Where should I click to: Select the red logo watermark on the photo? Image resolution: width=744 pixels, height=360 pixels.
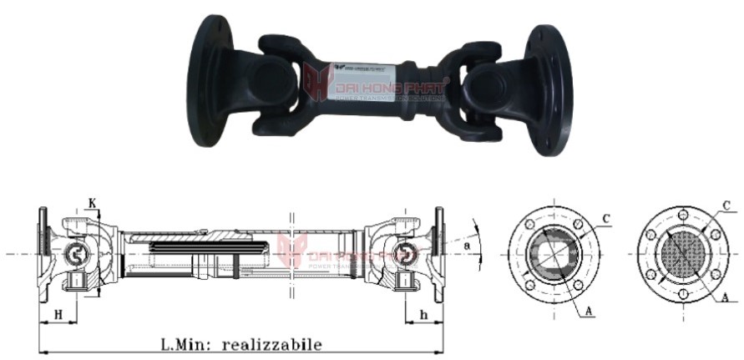(318, 84)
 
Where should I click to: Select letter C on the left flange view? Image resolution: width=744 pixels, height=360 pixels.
(607, 219)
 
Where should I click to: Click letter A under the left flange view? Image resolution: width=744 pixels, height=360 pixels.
(589, 311)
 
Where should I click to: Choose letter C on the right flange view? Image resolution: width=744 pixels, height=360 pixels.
(726, 205)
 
